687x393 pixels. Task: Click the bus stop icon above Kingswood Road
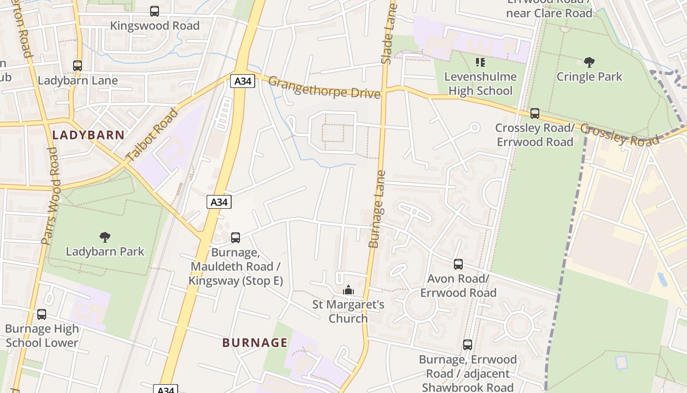click(x=155, y=11)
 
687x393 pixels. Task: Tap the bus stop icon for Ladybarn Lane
click(x=77, y=65)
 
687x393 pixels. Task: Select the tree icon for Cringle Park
click(x=589, y=62)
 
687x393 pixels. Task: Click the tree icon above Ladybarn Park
click(x=105, y=237)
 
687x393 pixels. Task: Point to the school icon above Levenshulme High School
click(x=480, y=62)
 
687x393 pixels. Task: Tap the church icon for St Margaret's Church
click(x=348, y=290)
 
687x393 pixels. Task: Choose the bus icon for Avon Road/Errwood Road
click(x=458, y=264)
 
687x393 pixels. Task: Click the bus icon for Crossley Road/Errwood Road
click(x=535, y=113)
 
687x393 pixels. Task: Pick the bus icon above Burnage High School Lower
click(x=42, y=314)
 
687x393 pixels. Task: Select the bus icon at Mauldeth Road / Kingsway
click(x=236, y=238)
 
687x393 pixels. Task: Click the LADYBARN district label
click(x=88, y=135)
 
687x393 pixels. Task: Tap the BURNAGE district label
click(x=255, y=342)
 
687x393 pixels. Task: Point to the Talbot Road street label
click(x=152, y=136)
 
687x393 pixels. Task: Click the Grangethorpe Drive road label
click(x=324, y=87)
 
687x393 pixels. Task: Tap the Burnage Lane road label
click(x=377, y=209)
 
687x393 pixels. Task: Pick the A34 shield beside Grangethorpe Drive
click(x=242, y=81)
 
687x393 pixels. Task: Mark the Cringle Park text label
click(x=589, y=77)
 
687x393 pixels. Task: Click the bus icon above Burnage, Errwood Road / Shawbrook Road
click(x=468, y=345)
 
